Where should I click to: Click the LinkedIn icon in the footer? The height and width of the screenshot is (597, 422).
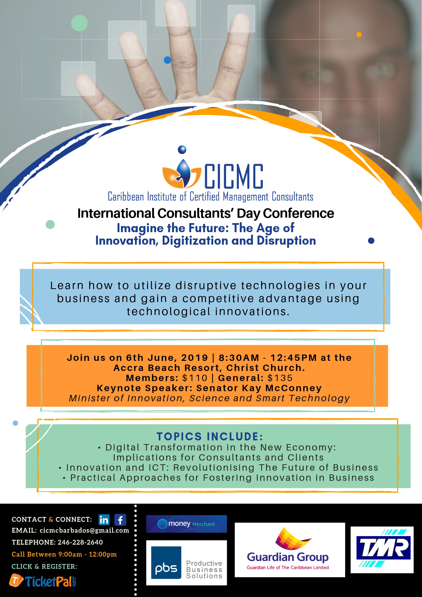tap(104, 520)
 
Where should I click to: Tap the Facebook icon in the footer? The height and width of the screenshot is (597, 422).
tap(120, 520)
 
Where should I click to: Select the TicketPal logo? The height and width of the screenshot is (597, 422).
tap(43, 581)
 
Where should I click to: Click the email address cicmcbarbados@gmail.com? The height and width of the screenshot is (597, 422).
tap(84, 531)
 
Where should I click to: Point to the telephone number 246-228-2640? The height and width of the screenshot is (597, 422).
tap(80, 542)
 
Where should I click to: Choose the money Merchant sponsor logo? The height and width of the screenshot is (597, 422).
tap(186, 524)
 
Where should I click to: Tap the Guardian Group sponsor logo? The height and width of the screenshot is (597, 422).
tap(290, 550)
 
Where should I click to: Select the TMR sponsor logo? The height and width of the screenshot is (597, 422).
tap(382, 550)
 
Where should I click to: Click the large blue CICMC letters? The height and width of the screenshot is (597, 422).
tap(234, 176)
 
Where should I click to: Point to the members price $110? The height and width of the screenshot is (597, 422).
tap(195, 378)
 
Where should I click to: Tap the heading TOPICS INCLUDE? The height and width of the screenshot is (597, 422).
tap(210, 437)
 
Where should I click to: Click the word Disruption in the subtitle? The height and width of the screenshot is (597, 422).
tap(286, 241)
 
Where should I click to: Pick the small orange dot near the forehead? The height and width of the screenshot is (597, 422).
tap(359, 35)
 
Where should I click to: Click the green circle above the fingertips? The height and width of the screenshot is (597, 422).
tap(79, 23)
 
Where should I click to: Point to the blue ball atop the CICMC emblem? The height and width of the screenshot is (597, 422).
tap(182, 150)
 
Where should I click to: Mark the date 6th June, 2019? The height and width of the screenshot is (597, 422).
tap(167, 358)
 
